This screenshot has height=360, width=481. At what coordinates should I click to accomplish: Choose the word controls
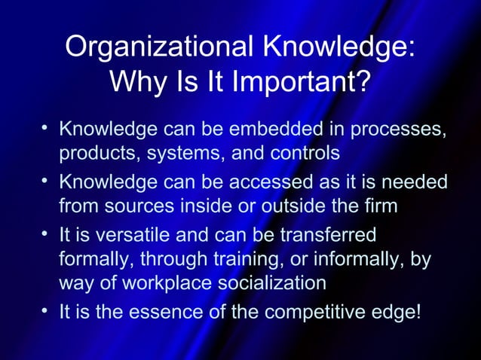coord(302,154)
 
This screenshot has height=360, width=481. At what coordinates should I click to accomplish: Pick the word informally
coord(342,258)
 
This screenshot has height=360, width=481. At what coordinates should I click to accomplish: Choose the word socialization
coord(265,283)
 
